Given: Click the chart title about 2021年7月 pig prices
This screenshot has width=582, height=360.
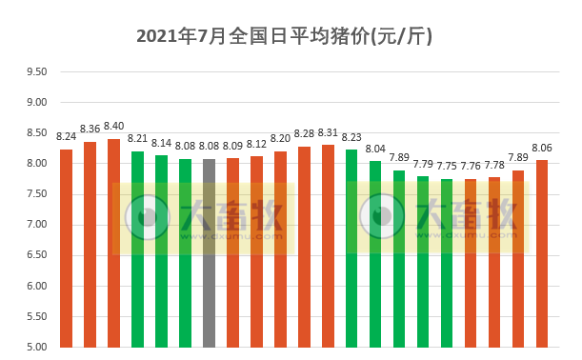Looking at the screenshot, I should point(285,36).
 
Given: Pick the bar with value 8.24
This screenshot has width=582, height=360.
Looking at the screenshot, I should point(67,248).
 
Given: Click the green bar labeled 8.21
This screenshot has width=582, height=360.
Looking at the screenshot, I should point(138,249).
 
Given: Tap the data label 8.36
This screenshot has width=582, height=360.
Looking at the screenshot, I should point(90,129).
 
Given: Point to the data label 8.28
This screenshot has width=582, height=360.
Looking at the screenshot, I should point(305,133).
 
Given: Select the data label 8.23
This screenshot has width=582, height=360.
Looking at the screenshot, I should point(351,137).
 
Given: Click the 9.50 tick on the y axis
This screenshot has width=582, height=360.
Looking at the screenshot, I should point(36,71).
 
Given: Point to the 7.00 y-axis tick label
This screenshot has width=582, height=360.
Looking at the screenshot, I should point(36,225).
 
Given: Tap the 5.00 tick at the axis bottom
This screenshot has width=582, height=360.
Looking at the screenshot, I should point(36,347).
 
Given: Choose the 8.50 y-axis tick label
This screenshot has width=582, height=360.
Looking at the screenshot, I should point(36,132).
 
